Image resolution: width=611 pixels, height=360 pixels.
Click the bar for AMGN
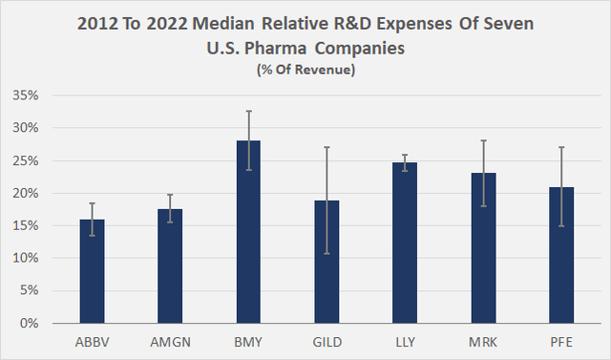point(170,266)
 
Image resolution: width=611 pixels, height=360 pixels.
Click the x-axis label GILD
point(327,340)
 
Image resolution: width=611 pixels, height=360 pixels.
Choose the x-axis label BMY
point(248,340)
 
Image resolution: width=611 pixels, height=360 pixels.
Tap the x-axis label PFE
point(561,340)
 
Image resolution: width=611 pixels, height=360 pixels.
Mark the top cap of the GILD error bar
point(327,147)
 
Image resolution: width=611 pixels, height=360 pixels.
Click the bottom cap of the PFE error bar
point(561,226)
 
